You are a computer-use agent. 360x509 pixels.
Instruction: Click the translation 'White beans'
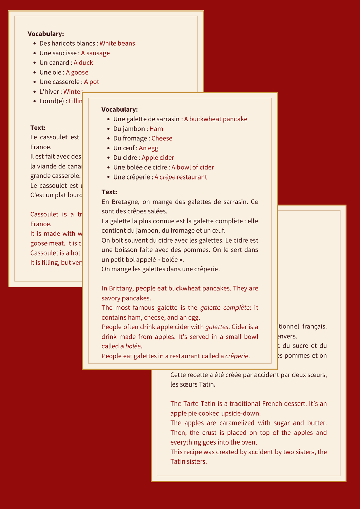(x=117, y=43)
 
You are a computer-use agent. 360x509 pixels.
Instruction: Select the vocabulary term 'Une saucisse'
(x=58, y=53)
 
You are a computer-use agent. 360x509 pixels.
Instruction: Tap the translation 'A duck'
(x=83, y=63)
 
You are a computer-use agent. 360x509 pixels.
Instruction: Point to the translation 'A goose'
(x=77, y=72)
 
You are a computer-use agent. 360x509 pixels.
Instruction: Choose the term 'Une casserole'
(x=60, y=82)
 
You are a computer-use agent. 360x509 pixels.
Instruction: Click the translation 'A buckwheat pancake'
(x=215, y=119)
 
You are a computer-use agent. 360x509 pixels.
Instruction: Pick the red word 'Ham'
(x=156, y=129)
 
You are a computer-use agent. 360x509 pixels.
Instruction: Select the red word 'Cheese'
(x=162, y=138)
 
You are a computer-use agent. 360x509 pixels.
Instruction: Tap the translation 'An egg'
(x=149, y=148)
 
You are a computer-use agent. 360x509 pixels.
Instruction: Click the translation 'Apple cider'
(x=158, y=158)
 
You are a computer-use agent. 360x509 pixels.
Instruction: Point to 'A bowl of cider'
(x=193, y=167)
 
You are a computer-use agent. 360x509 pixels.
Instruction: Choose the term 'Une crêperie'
(x=133, y=177)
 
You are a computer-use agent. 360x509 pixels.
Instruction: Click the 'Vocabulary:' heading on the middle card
(x=120, y=109)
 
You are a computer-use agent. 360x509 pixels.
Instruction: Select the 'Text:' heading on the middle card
(x=109, y=192)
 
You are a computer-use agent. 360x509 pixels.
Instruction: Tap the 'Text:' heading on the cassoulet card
(x=38, y=128)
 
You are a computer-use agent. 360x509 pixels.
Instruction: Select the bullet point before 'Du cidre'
(x=108, y=158)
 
